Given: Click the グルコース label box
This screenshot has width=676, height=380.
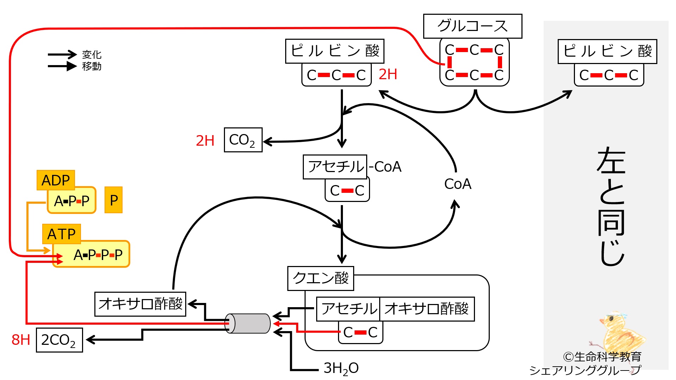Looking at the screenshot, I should pyautogui.click(x=472, y=26).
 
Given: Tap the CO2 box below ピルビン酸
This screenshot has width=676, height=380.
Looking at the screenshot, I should pyautogui.click(x=243, y=140).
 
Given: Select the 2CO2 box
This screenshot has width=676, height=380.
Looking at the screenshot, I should pyautogui.click(x=60, y=340).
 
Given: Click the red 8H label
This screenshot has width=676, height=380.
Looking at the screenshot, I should pyautogui.click(x=20, y=340).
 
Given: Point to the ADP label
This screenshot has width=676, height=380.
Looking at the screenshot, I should pyautogui.click(x=56, y=180).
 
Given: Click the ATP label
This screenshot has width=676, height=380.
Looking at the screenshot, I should pyautogui.click(x=62, y=234).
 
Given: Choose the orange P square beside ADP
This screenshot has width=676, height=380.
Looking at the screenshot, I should pyautogui.click(x=114, y=200).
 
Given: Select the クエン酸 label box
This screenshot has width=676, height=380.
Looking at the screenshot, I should pyautogui.click(x=320, y=278).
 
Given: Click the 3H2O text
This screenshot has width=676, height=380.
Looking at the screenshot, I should pyautogui.click(x=341, y=368).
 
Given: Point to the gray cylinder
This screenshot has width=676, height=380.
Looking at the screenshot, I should pyautogui.click(x=248, y=323).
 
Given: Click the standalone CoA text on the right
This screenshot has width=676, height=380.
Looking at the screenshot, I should pyautogui.click(x=457, y=184).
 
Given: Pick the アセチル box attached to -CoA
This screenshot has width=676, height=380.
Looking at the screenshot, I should pyautogui.click(x=335, y=167).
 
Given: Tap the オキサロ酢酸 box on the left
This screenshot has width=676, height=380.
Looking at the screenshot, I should pyautogui.click(x=140, y=304).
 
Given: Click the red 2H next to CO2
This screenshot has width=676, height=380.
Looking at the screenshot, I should pyautogui.click(x=205, y=141).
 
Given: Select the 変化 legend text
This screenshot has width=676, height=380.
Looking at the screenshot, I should pyautogui.click(x=92, y=55).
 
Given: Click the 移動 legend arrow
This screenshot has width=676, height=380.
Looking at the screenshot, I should pyautogui.click(x=62, y=66).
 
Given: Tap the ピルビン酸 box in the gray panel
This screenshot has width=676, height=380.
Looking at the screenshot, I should pyautogui.click(x=607, y=51).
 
